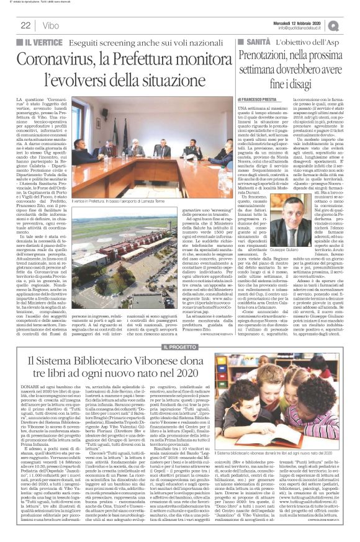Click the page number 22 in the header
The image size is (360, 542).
pos(25,25)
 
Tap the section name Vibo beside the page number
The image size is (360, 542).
pos(49,25)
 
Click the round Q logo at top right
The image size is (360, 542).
pos(351,24)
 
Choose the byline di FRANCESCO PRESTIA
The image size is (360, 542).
pos(260,99)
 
